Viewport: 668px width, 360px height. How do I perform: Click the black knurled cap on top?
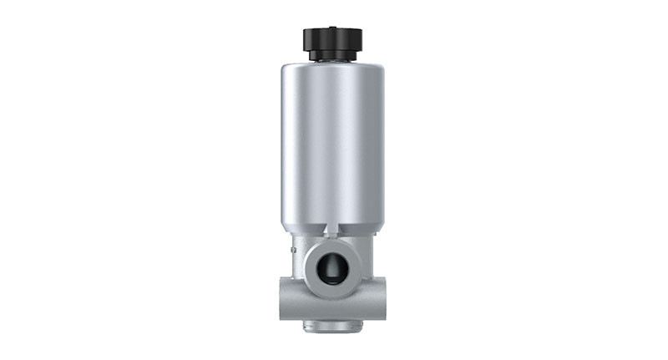333,38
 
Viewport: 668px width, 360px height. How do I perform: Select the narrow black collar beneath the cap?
333,56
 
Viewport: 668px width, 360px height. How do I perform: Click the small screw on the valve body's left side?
293,247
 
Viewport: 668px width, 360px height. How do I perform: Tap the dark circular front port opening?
333,266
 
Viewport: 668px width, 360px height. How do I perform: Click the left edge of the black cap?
304,38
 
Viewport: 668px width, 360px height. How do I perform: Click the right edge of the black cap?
363,38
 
